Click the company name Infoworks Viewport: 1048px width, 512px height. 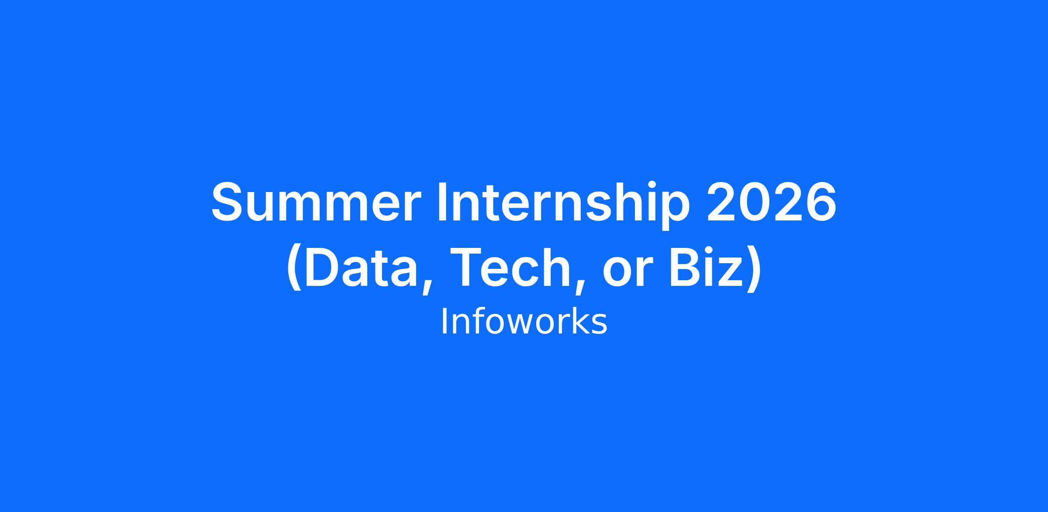point(524,322)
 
